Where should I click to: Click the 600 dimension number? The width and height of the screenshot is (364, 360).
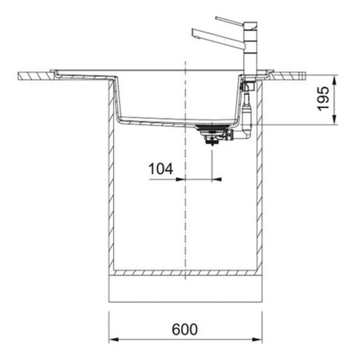185,329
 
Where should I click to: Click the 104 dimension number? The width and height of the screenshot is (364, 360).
161,169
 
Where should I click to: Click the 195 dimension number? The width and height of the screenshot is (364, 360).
323,99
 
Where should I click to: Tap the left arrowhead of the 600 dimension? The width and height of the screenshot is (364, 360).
114,340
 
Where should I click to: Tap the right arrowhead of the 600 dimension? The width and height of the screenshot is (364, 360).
257,340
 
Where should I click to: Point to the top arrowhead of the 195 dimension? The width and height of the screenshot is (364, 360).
334,80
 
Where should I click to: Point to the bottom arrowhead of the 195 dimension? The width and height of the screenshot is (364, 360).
334,120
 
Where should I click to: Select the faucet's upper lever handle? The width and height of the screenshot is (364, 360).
229,21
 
